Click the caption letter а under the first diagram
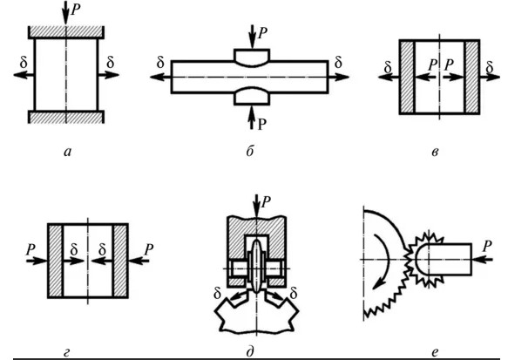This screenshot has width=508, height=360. (67, 152)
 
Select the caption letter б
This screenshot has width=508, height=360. (250, 151)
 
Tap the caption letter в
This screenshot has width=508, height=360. (435, 152)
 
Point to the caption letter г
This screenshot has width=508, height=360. (66, 352)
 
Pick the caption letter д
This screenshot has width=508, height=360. (250, 352)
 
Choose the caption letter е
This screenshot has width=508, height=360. (435, 352)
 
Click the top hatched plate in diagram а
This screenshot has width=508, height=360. (66, 32)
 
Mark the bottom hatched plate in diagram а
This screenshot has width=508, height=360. (66, 117)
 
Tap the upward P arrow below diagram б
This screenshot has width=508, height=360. (251, 118)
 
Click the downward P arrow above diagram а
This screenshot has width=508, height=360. (65, 13)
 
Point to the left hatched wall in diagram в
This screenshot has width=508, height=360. (407, 77)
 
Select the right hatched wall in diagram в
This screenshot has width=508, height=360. (472, 77)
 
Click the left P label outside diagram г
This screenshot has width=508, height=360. (30, 250)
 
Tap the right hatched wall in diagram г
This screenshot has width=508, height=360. (120, 261)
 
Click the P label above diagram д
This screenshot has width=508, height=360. (266, 202)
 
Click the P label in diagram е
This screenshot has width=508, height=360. (487, 246)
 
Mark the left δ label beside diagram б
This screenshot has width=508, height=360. (160, 62)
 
